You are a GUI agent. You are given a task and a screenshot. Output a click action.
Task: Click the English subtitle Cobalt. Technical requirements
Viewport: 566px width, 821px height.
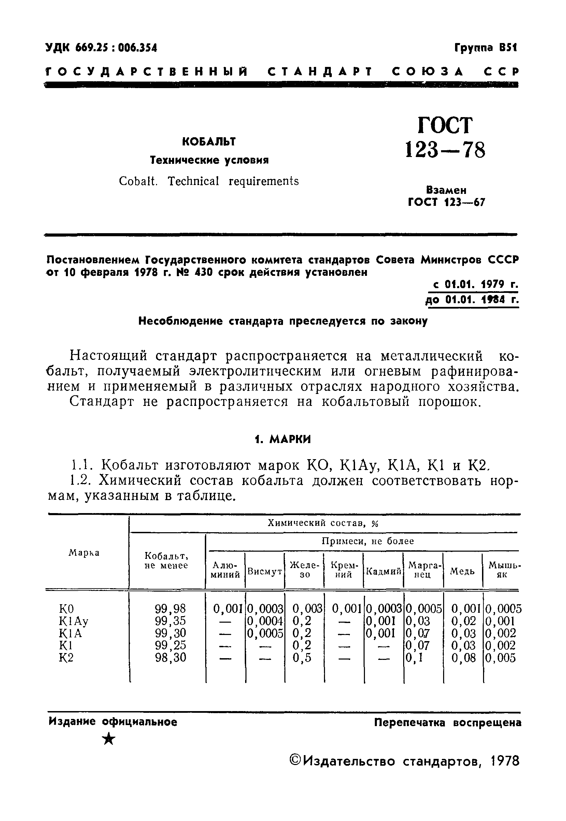[209, 181]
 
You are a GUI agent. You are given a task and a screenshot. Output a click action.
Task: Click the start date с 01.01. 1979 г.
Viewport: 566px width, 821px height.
[476, 284]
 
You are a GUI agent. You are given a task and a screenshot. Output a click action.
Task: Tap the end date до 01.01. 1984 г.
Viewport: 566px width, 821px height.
[472, 300]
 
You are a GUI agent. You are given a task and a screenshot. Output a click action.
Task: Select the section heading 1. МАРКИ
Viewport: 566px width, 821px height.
[283, 439]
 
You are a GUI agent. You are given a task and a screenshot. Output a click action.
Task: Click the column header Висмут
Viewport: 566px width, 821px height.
[265, 571]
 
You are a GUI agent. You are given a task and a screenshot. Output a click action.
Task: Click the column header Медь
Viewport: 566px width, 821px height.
[463, 571]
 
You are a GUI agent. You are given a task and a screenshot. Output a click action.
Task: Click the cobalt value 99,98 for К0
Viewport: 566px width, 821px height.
[170, 609]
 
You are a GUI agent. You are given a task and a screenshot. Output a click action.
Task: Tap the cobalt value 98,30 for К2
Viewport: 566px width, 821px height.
[170, 657]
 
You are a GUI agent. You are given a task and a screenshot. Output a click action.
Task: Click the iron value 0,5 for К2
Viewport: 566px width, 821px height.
[302, 657]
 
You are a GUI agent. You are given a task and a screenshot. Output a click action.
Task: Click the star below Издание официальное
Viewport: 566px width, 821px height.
[109, 739]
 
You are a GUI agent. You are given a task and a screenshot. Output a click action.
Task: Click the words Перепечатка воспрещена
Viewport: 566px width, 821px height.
[448, 722]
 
